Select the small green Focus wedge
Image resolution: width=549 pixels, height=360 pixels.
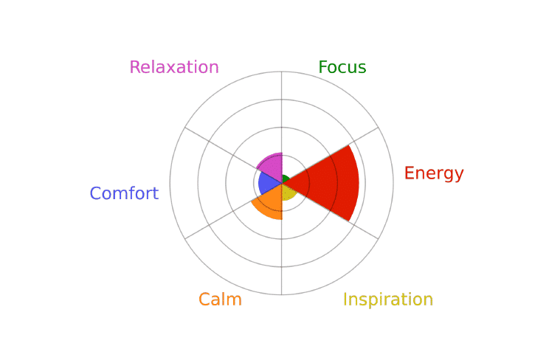(286, 179)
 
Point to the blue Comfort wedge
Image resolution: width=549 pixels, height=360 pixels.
(267, 183)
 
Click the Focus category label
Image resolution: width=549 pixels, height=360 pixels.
(342, 67)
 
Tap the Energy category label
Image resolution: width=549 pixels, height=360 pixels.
(434, 173)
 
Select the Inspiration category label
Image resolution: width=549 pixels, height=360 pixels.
(388, 300)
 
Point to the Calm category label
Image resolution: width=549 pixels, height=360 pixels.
(220, 300)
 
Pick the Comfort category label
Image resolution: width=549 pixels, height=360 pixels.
(124, 193)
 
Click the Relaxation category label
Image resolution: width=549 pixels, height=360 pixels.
(174, 67)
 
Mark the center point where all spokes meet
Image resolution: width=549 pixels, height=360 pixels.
(282, 183)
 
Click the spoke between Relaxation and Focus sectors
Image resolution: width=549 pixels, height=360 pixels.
(282, 128)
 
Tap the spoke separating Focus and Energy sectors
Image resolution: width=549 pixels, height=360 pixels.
(330, 155)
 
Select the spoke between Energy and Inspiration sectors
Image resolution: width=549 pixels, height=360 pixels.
(330, 211)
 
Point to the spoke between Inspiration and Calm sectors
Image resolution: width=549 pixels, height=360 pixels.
(282, 239)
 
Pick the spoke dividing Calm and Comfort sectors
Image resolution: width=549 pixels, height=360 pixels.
(233, 211)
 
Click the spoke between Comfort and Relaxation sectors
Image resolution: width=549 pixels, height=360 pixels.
(233, 155)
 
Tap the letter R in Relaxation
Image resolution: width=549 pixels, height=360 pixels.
(135, 67)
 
